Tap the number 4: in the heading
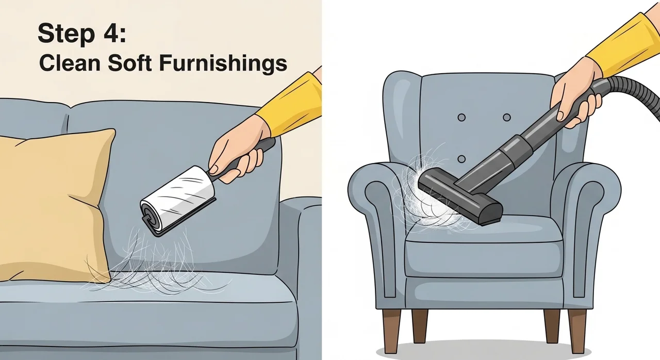tap(115, 33)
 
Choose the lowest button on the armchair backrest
tap(461, 159)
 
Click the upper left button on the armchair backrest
tap(461, 118)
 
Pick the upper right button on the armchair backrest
tap(506, 118)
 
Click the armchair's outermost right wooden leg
tap(577, 330)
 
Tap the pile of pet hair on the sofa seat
tap(153, 265)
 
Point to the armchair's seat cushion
tap(484, 248)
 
